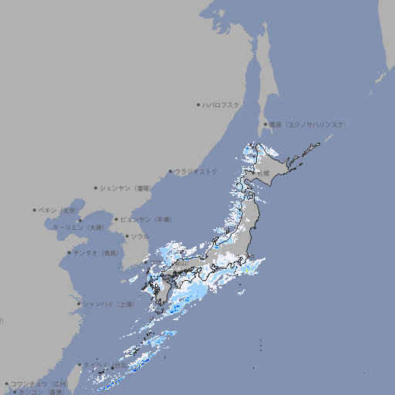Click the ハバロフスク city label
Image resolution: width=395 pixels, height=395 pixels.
coord(221,104)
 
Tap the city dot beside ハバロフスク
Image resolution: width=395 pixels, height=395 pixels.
coord(198,104)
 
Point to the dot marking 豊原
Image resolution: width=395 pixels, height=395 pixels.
coord(265,124)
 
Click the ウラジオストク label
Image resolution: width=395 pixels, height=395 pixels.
coord(196,171)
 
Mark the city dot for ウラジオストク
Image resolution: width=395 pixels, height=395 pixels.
coord(170,171)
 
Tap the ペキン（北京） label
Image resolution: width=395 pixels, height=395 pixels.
coord(59,210)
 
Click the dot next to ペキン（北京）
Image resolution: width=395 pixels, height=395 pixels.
coord(35,210)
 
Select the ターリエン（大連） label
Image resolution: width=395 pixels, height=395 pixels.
coord(78,228)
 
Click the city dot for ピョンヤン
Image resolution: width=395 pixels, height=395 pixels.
coord(116,219)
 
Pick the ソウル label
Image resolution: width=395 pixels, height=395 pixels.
coord(140,236)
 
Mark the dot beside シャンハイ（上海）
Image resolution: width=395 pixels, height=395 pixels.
coord(79,304)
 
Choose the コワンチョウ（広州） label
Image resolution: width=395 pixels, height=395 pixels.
coord(39,383)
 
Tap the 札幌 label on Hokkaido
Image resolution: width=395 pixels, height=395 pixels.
coord(264,174)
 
